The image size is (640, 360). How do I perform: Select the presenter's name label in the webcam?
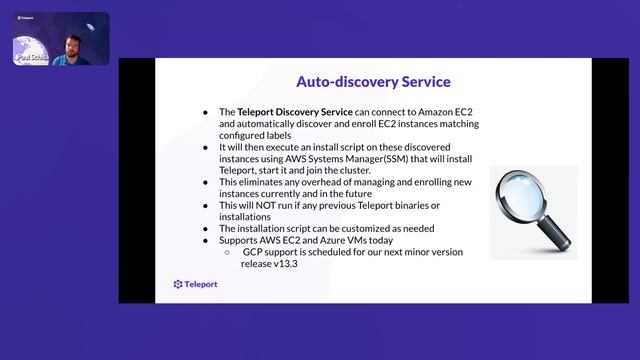[32, 59]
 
